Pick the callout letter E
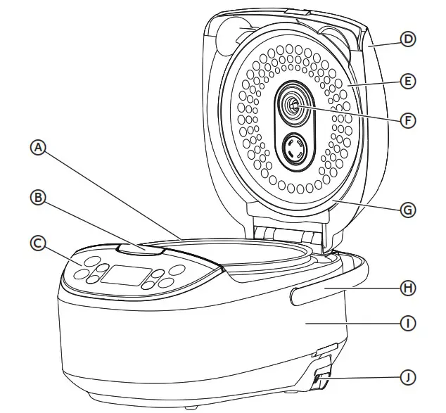(408, 81)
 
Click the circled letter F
(408, 120)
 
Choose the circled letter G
(408, 209)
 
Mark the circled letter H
(408, 288)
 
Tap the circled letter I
(408, 324)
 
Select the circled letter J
(408, 377)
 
